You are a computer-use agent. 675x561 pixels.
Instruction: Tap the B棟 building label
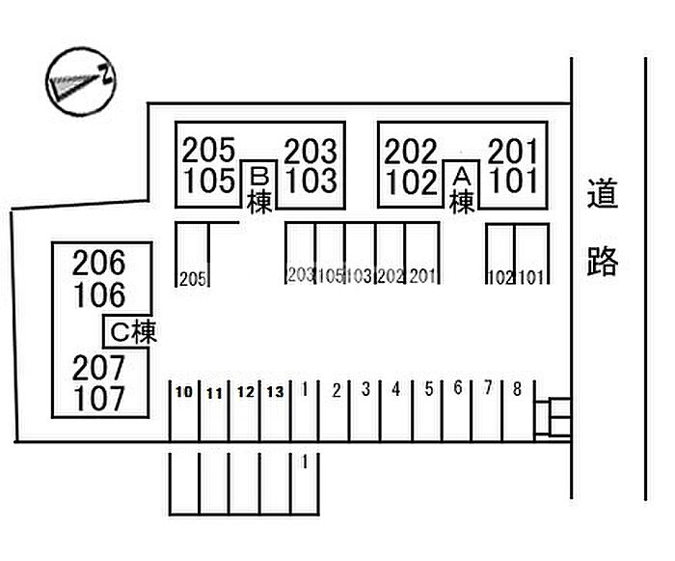pos(258,189)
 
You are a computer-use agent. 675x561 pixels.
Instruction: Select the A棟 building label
pos(462,189)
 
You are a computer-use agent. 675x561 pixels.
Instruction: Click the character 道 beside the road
pos(602,197)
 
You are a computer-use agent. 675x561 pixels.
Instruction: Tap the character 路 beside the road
pos(602,260)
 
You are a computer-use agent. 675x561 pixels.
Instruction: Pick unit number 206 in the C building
pos(99,262)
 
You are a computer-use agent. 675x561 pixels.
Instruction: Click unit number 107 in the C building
pos(99,397)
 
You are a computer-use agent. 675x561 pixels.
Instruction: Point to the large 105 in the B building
pos(208,181)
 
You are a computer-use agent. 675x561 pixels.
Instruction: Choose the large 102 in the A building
pos(412,181)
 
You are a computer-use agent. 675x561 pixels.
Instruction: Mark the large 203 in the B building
pos(310,152)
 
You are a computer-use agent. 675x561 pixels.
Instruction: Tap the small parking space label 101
pos(531,278)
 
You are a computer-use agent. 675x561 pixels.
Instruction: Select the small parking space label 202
pos(391,276)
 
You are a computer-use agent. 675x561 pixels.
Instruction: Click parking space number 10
pos(183,392)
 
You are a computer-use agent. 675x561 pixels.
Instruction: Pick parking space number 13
pos(275,392)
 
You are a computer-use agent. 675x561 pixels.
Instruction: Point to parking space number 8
pos(517,389)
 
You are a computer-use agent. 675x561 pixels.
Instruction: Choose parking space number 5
pos(428,390)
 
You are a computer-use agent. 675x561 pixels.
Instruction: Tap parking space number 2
pos(336,390)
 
